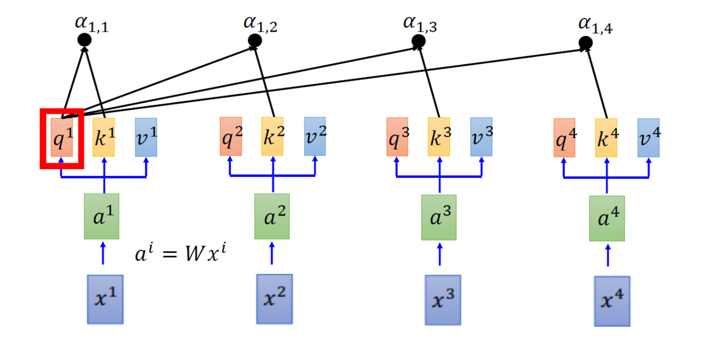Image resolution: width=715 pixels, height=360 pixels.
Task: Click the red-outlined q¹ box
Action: [61, 138]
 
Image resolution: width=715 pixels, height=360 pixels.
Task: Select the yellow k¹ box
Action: [103, 137]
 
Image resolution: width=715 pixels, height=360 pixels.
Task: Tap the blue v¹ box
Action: [146, 137]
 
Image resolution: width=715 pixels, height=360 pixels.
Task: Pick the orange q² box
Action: [231, 136]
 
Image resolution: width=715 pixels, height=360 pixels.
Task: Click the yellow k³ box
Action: [439, 137]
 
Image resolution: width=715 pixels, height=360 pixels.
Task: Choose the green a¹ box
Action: [102, 216]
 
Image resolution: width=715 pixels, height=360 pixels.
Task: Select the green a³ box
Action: [439, 217]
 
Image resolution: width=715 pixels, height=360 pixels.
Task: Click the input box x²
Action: [274, 299]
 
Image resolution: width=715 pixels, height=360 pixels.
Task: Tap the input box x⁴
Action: [612, 301]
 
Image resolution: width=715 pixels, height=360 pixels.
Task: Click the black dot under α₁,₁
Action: [84, 40]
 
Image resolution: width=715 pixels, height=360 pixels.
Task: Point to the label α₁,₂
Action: [261, 24]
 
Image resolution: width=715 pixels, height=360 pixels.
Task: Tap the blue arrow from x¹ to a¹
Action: [102, 254]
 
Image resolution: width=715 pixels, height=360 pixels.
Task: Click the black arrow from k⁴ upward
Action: [597, 84]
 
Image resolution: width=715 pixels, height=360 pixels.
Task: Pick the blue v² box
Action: [315, 136]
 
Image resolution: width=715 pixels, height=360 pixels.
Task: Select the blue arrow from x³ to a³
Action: [439, 255]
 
